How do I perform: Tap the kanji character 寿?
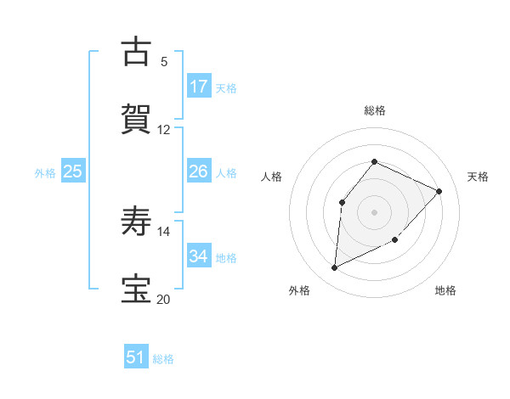point(136,222)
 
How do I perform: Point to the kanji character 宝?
point(136,289)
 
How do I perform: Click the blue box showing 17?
point(199,87)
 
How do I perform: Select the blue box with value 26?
point(199,171)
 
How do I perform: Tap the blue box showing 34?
point(199,256)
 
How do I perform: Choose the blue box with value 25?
point(73,171)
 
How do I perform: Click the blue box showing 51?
point(136,357)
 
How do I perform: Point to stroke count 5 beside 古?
point(164,62)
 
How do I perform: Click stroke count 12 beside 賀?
point(164,130)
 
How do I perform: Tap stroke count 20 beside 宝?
point(164,299)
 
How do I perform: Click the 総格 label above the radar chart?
point(374,110)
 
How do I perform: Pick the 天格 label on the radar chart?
point(478,177)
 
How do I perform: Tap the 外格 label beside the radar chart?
point(298,291)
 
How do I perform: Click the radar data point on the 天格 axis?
point(439,191)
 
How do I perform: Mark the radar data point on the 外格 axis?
point(334,268)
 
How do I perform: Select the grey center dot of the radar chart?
point(374,211)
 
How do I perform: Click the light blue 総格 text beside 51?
point(163,359)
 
